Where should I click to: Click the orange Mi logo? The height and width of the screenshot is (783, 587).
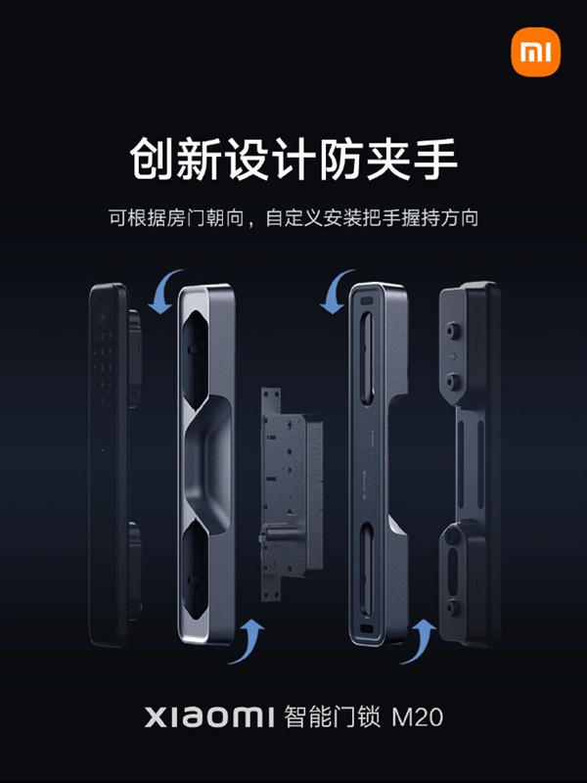pos(535,52)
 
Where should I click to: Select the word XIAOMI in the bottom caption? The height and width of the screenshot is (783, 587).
pos(209,716)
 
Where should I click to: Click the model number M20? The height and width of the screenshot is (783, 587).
pos(418,717)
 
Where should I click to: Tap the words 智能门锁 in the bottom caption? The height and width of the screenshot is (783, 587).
pos(332,716)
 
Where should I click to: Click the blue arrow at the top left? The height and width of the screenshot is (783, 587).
pos(164,292)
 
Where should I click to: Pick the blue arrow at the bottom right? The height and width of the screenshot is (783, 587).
pos(419,641)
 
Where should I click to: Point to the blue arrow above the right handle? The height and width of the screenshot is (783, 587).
pos(336,292)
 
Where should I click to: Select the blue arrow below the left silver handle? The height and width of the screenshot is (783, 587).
pos(247,641)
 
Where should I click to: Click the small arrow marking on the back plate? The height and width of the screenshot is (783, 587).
pos(453,357)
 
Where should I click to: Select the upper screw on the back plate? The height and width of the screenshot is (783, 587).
pos(453,331)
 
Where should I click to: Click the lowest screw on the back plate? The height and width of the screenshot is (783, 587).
pos(453,608)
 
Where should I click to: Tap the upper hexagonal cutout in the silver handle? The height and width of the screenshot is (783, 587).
pos(195,358)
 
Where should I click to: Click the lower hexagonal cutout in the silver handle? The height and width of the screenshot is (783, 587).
pos(195,569)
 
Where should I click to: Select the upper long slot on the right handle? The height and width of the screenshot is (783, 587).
pos(367,358)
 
